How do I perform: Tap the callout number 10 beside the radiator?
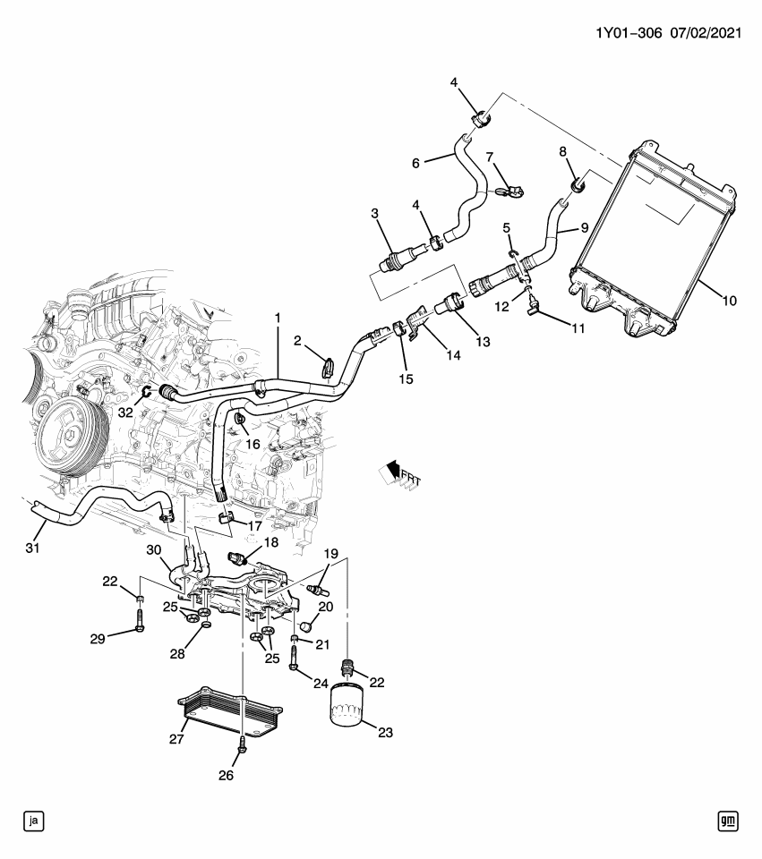(x=729, y=302)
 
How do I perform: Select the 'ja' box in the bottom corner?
(x=34, y=820)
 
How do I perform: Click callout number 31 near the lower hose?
(x=34, y=548)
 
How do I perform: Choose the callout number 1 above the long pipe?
(x=278, y=318)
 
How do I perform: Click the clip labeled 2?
(x=329, y=366)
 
